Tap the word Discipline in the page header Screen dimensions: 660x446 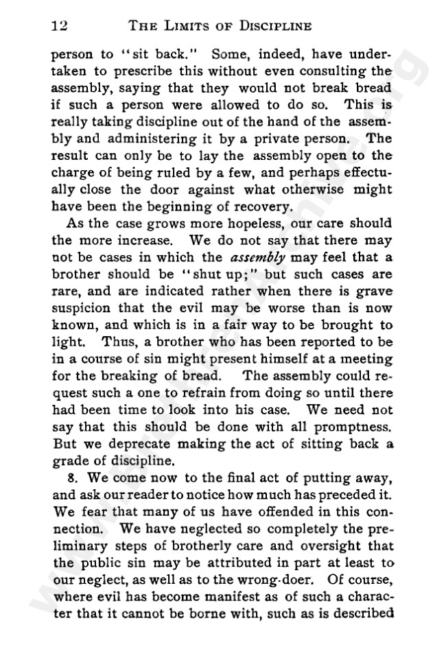(270, 26)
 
